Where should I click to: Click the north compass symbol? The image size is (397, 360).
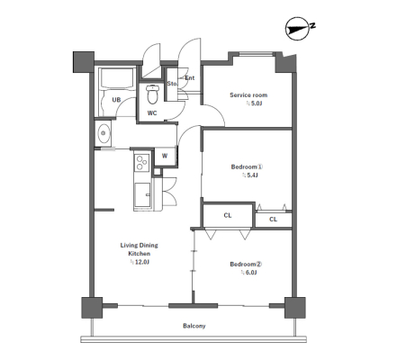click(298, 29)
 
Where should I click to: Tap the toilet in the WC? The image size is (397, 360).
click(152, 94)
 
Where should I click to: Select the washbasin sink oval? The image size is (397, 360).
click(104, 132)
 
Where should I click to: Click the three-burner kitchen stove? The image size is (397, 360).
click(142, 162)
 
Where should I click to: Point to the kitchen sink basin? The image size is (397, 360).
click(142, 195)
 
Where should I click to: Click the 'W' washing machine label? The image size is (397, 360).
click(165, 156)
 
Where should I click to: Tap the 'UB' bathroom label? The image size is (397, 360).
click(116, 100)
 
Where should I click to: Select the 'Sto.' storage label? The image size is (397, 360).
click(172, 84)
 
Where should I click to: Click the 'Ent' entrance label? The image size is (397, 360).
click(190, 78)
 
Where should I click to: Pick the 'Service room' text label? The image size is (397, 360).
click(248, 95)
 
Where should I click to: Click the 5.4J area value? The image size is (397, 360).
click(252, 175)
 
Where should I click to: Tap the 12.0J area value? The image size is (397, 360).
click(142, 262)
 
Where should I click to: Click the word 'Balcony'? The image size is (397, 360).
click(194, 326)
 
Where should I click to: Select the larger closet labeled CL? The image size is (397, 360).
click(228, 215)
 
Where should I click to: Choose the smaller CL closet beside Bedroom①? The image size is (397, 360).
click(273, 220)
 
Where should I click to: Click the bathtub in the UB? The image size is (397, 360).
click(117, 78)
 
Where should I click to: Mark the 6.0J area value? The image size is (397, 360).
click(251, 273)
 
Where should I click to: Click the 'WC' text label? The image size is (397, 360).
click(152, 113)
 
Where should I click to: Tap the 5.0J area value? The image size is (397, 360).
click(257, 103)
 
